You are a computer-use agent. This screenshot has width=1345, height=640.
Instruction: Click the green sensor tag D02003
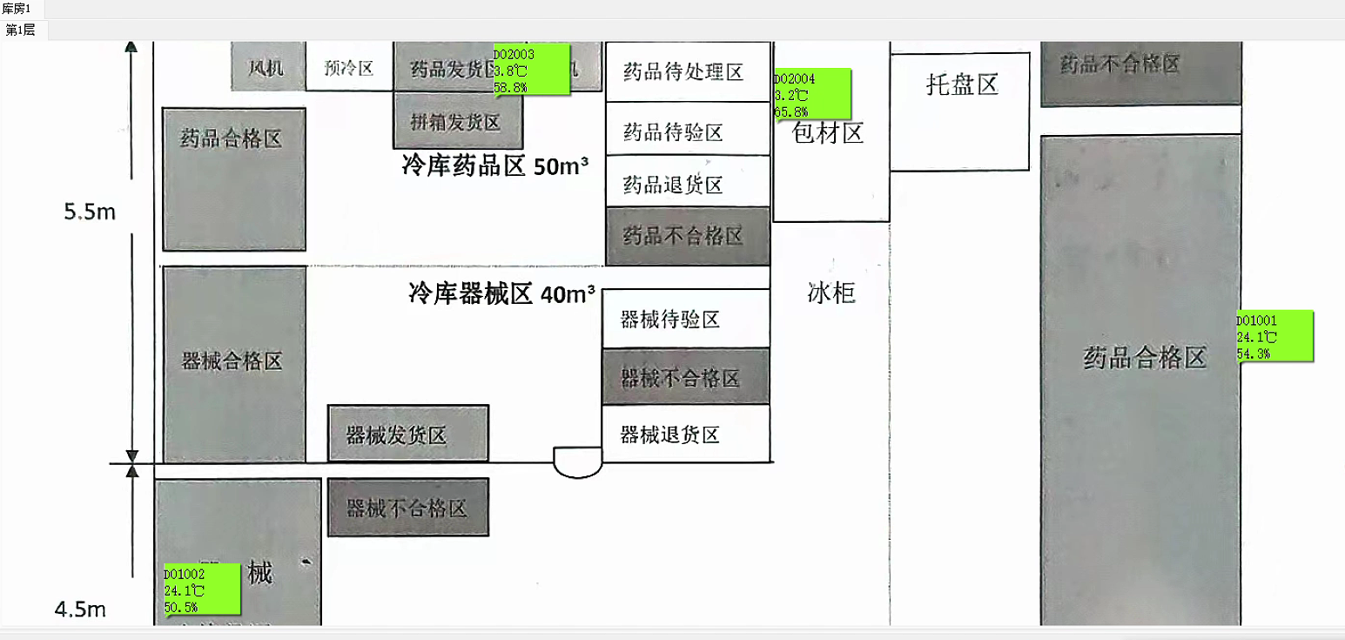point(526,71)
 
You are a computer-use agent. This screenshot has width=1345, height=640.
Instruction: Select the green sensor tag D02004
point(811,94)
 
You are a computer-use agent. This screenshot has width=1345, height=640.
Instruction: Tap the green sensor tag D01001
point(1274,336)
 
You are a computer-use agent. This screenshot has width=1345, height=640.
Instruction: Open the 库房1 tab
point(17,8)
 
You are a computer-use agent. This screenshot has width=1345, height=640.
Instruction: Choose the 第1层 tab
point(21,30)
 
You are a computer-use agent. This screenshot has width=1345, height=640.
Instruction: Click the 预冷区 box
point(348,68)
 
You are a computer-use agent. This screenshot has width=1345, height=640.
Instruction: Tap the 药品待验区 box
point(674,132)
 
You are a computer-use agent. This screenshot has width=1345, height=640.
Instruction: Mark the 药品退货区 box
point(674,185)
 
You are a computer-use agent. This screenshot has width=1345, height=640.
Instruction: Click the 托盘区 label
point(962,84)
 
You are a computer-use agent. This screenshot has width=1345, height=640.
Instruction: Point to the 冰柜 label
point(831,293)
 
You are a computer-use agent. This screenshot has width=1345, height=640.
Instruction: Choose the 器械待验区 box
point(670,320)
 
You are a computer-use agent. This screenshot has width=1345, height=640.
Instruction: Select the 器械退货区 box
point(670,435)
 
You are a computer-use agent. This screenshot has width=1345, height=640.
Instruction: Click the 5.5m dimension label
point(90,212)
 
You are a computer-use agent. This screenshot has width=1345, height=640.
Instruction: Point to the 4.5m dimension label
point(80,610)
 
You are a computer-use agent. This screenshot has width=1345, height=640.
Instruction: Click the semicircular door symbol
point(578,462)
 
